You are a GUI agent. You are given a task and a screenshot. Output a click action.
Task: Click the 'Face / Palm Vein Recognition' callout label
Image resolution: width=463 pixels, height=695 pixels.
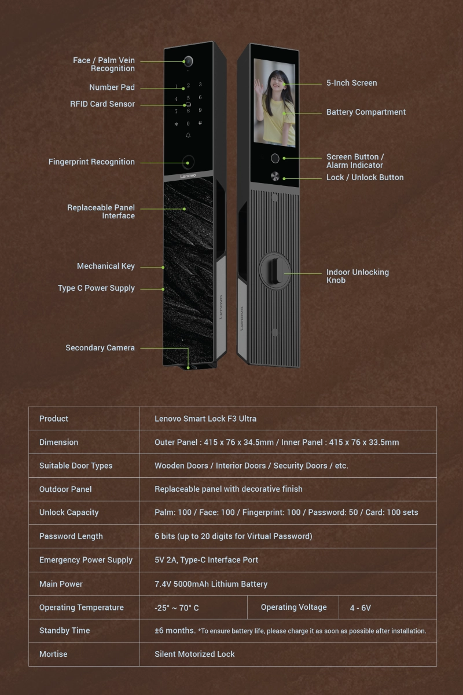coord(104,64)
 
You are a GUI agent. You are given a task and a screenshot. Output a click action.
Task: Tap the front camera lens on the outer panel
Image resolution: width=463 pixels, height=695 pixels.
coord(188,61)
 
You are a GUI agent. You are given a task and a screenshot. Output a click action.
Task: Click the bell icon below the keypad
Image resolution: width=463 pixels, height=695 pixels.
coord(188,135)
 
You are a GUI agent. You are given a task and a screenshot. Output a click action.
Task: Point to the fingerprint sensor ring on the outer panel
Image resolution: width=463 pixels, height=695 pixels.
coord(188,162)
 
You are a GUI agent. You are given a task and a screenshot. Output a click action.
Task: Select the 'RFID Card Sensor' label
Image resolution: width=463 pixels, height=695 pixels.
coord(102,104)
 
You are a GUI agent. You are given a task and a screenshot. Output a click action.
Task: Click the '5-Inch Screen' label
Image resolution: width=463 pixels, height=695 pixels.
coord(352,83)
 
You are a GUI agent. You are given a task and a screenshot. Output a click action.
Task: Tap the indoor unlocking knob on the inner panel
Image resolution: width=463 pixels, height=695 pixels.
coord(275,271)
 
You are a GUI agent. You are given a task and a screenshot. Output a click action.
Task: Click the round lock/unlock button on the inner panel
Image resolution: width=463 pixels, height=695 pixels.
coord(275,176)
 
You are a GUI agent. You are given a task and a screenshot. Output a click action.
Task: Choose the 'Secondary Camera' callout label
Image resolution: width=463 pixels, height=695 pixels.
coord(100,348)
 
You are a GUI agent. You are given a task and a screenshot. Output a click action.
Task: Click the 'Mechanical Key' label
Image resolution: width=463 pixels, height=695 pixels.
coord(106,266)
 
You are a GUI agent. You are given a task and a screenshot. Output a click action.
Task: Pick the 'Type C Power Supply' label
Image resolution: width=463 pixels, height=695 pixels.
coord(96,288)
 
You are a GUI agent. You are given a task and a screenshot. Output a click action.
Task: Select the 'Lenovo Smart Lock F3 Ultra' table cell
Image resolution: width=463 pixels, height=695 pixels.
coord(205,419)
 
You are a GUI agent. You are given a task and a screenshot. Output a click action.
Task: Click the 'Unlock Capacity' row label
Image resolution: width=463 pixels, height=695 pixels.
coord(69,513)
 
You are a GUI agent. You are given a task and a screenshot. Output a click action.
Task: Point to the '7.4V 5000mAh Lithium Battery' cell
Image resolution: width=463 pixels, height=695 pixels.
coord(211,584)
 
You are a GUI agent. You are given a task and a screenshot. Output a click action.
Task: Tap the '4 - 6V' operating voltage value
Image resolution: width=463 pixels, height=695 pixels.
coord(361,608)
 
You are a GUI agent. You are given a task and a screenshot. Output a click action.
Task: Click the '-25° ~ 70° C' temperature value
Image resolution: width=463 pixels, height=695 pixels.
coord(177,608)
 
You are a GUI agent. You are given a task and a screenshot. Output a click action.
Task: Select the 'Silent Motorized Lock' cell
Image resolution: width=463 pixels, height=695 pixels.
coord(194,654)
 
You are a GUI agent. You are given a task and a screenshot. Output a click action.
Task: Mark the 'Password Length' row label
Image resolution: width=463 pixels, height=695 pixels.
coord(71,536)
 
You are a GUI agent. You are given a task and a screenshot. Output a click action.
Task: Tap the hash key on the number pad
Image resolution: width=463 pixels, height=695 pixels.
coord(200,123)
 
